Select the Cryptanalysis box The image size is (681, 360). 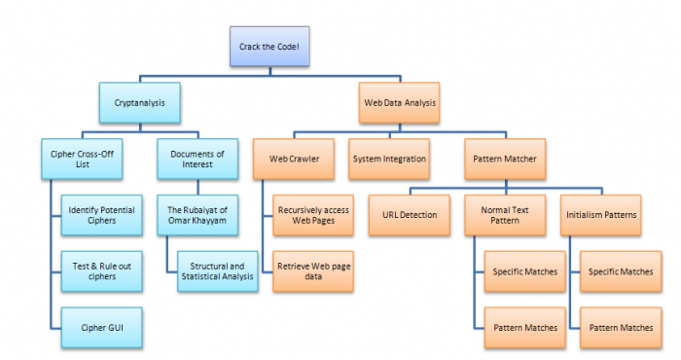140,102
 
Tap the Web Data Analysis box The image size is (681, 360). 400,102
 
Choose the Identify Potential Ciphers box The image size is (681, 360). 103,215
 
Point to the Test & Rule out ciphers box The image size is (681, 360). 103,271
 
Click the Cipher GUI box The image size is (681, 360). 103,327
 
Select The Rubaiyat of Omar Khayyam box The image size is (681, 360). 197,215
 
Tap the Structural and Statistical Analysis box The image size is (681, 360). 216,271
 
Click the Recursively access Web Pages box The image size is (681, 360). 312,215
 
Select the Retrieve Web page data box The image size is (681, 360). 312,271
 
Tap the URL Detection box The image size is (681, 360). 409,215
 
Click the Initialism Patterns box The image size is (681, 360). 601,215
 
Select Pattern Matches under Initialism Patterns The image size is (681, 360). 620,327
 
